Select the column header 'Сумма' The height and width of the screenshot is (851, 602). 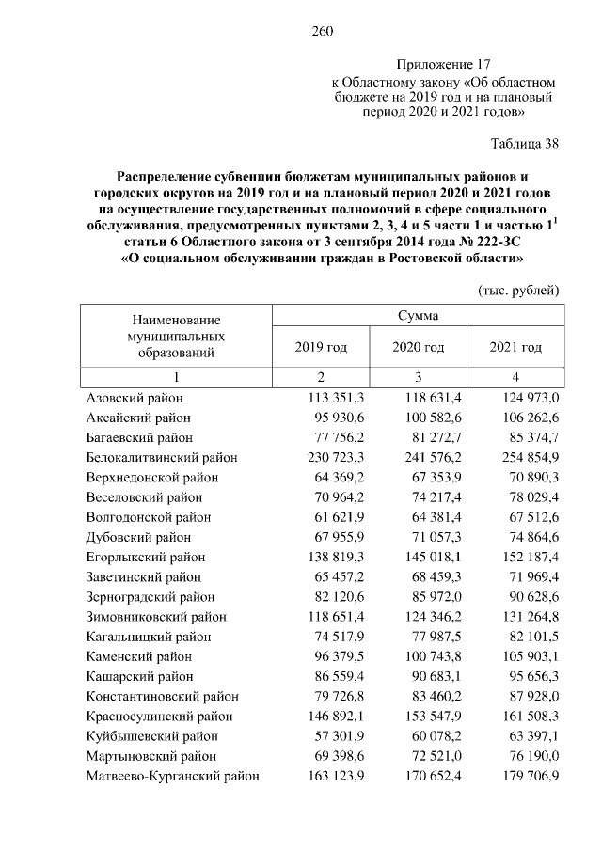click(416, 316)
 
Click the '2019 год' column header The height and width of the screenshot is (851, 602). click(321, 347)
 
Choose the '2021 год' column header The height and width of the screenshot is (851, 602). click(516, 347)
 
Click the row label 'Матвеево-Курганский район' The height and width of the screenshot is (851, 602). click(172, 776)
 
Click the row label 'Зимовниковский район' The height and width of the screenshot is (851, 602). click(155, 617)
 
